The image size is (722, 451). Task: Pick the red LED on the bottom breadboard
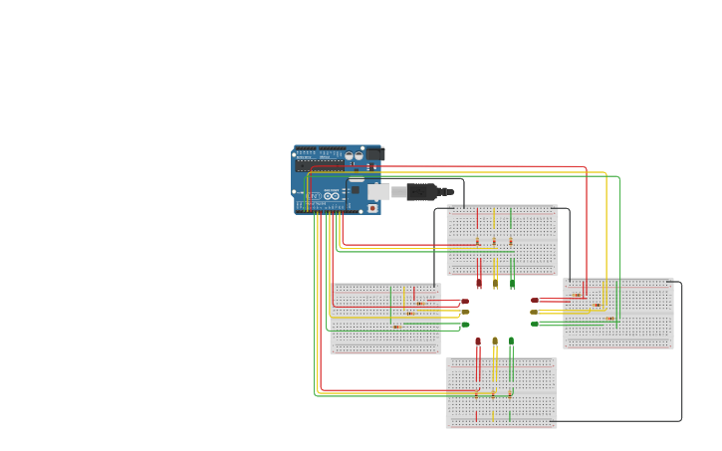pyautogui.click(x=478, y=341)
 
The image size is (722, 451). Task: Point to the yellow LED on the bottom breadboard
pyautogui.click(x=495, y=341)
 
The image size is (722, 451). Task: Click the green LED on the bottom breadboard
pyautogui.click(x=512, y=341)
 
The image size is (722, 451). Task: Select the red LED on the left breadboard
pyautogui.click(x=464, y=301)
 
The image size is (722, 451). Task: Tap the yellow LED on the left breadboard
pyautogui.click(x=464, y=313)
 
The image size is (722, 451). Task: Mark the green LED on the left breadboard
pyautogui.click(x=464, y=325)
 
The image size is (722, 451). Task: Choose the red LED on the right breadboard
pyautogui.click(x=535, y=300)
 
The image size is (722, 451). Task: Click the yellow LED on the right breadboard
pyautogui.click(x=535, y=312)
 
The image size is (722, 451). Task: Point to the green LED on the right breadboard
pyautogui.click(x=535, y=324)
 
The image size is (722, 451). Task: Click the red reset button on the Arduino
pyautogui.click(x=372, y=208)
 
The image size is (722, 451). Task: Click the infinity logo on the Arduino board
pyautogui.click(x=332, y=195)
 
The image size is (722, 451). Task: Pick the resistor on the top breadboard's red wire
pyautogui.click(x=478, y=241)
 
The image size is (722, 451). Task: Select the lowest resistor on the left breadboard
pyautogui.click(x=397, y=326)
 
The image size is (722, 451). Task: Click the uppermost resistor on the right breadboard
pyautogui.click(x=578, y=295)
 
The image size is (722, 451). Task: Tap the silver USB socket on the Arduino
pyautogui.click(x=379, y=191)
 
